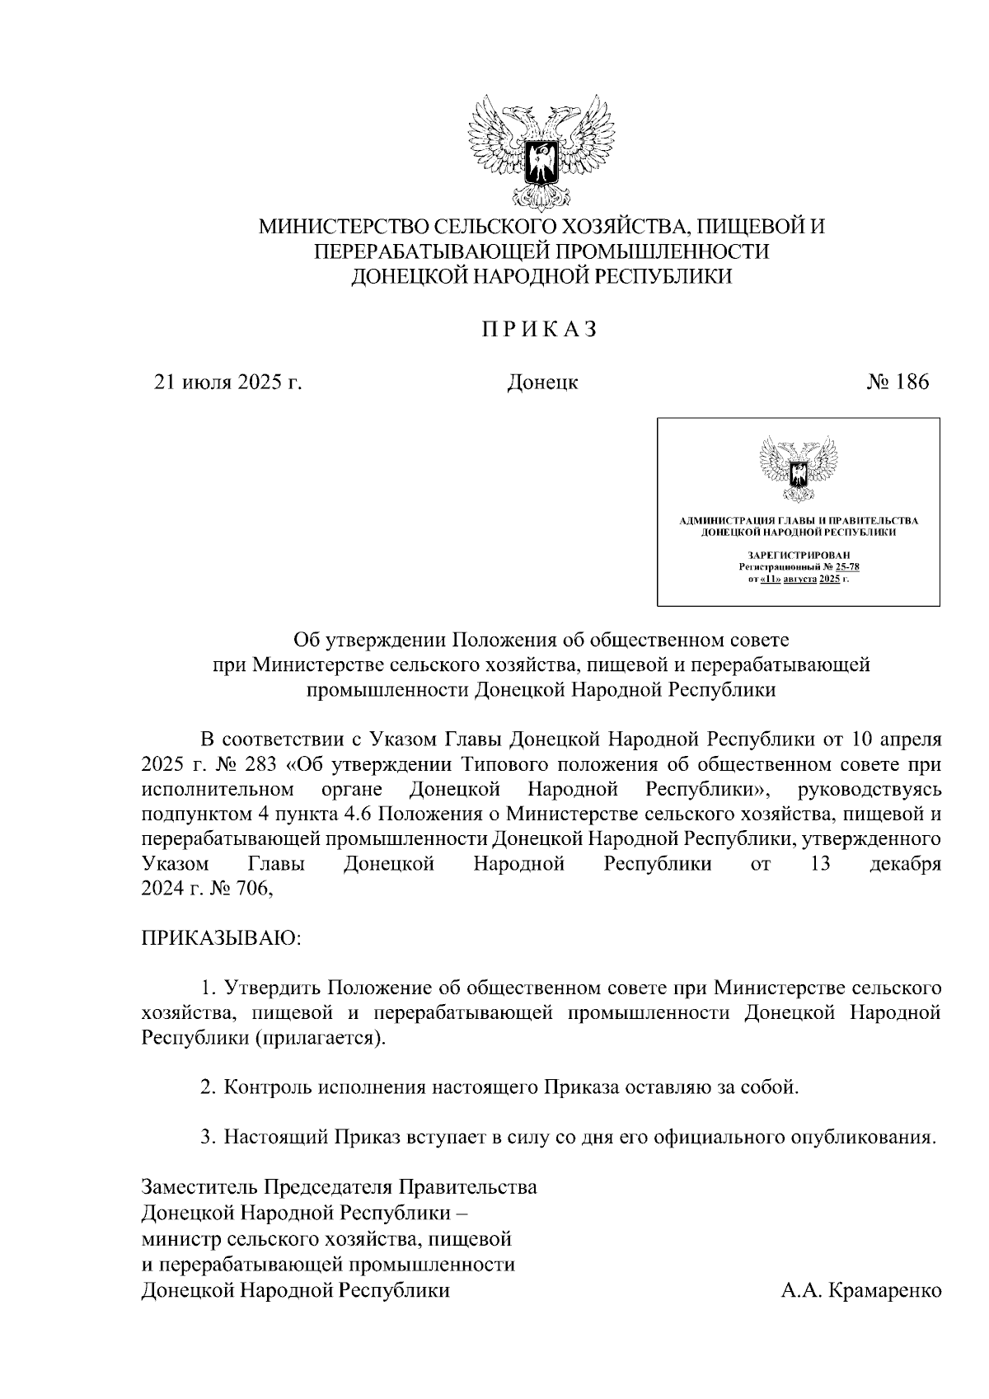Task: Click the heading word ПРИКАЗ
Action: click(x=539, y=330)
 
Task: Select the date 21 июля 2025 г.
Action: click(x=228, y=383)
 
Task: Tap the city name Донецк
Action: click(x=541, y=383)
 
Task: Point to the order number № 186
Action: click(x=897, y=382)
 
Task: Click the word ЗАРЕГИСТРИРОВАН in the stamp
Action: click(x=798, y=556)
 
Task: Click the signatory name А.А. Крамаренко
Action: click(x=860, y=1290)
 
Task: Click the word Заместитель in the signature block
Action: click(x=200, y=1187)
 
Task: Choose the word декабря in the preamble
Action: click(x=905, y=865)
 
